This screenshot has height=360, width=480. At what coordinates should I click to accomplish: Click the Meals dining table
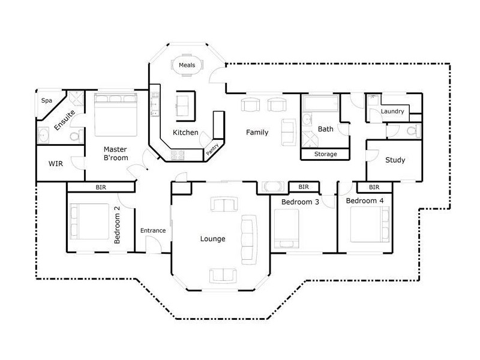point(187,65)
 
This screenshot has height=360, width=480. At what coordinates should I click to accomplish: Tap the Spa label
point(47,100)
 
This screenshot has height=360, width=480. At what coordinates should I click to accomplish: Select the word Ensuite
point(65,120)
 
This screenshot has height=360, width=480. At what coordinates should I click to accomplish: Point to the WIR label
point(56,164)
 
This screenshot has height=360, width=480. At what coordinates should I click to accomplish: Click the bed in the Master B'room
point(116,115)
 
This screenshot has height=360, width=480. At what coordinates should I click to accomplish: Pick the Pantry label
point(212,149)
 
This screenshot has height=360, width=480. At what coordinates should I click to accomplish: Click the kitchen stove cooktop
point(178,155)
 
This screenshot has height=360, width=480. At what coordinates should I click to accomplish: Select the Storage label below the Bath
point(326,154)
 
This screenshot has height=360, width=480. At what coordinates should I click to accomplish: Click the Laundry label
point(392,112)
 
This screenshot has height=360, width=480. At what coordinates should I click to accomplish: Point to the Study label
point(395,160)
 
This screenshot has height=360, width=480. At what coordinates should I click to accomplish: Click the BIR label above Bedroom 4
point(374,187)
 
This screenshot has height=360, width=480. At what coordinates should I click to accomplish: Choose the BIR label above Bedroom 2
point(101,187)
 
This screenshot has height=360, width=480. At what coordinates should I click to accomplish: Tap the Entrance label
point(153,230)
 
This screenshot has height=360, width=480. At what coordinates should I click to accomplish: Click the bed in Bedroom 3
point(287,229)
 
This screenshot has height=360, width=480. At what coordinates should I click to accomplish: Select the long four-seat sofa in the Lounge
point(249,239)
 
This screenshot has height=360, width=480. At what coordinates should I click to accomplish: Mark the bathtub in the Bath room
point(320,103)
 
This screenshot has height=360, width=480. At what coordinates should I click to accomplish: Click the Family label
point(257,132)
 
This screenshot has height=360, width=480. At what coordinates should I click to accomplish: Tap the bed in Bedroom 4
point(370,224)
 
